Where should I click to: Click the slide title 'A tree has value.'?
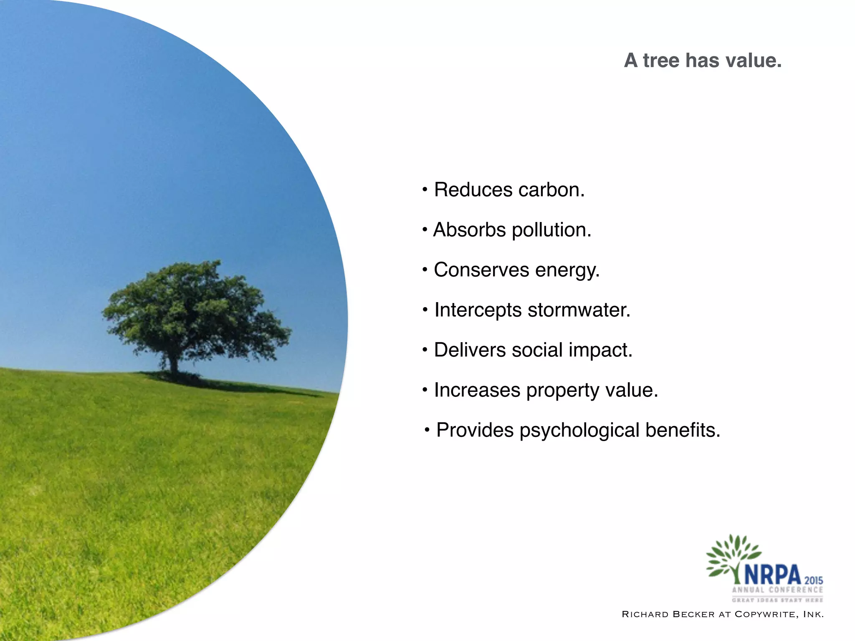[x=703, y=61]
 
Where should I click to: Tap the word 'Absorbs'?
[x=469, y=230]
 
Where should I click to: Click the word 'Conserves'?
[x=481, y=270]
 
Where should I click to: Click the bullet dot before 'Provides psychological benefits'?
[x=427, y=430]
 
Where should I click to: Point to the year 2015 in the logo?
[x=814, y=580]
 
